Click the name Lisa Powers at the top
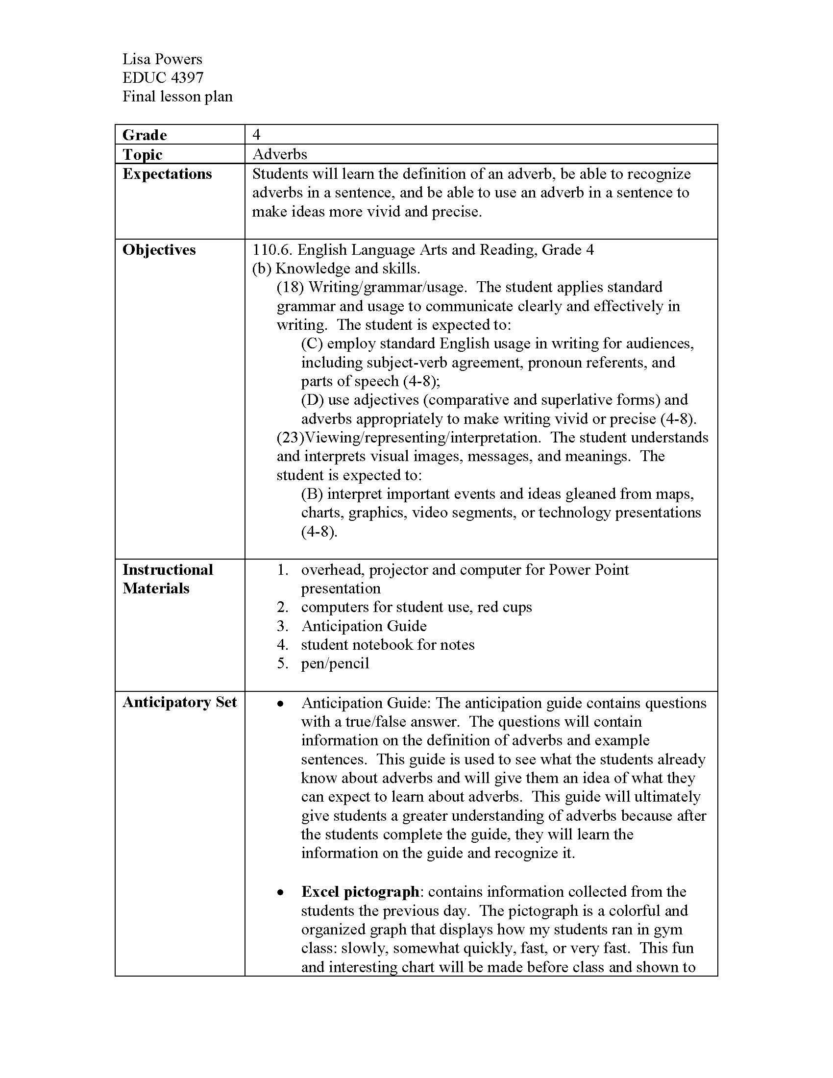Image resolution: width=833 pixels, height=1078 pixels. click(x=162, y=59)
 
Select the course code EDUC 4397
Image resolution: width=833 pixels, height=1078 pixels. click(x=163, y=77)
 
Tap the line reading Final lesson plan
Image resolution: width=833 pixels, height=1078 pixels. click(x=177, y=96)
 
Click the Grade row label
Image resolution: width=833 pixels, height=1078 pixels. click(x=144, y=135)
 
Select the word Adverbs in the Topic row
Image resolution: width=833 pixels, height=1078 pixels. click(x=279, y=154)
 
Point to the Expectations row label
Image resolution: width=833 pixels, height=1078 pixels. click(x=167, y=174)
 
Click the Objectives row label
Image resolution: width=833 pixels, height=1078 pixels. click(x=159, y=250)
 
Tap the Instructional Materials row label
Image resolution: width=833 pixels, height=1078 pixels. click(x=167, y=579)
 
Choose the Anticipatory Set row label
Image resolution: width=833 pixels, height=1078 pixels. click(x=179, y=702)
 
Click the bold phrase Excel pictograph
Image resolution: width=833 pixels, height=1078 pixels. click(x=360, y=891)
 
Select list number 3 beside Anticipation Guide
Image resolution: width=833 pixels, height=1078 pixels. click(x=282, y=626)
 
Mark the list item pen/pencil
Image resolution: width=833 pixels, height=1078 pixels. click(x=335, y=663)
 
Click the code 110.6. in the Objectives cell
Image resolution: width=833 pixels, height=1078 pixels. click(x=272, y=250)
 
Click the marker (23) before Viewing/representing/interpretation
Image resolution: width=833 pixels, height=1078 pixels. click(x=290, y=437)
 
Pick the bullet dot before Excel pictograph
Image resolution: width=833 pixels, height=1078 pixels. click(x=280, y=892)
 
